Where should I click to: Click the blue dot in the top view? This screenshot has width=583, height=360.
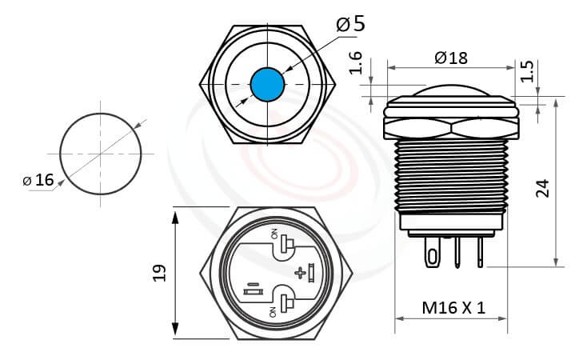click(267, 82)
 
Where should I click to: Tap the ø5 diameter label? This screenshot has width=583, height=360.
click(351, 23)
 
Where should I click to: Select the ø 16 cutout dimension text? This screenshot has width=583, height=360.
click(38, 180)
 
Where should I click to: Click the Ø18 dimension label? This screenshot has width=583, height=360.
click(450, 58)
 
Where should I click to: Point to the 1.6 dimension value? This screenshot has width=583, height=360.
click(357, 63)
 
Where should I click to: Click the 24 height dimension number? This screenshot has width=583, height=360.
click(543, 188)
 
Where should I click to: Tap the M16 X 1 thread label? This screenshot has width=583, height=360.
click(453, 306)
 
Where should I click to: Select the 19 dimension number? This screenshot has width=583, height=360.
click(159, 272)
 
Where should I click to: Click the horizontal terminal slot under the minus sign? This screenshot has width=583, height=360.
click(252, 294)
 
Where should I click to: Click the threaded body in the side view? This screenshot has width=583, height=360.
click(451, 172)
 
